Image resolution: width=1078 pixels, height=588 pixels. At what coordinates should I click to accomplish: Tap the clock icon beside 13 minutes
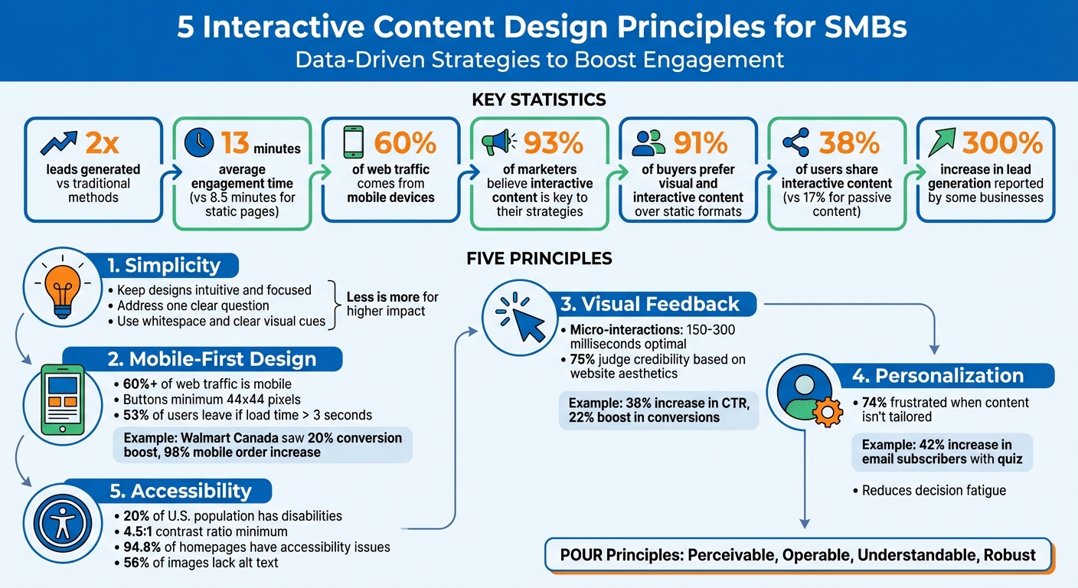[199, 142]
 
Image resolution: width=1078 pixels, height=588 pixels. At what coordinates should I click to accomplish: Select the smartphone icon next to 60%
[352, 142]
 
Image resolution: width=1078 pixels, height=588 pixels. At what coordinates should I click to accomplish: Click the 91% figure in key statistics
[701, 142]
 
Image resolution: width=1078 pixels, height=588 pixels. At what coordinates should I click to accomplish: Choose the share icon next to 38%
[797, 142]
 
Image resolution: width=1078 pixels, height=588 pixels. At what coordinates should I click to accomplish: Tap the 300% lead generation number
[1002, 142]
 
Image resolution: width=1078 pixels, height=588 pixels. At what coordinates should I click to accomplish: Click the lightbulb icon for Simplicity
[63, 291]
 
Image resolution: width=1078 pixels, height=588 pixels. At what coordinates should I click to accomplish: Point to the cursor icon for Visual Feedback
[521, 319]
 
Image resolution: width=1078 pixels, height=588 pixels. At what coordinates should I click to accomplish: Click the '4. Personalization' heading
[938, 376]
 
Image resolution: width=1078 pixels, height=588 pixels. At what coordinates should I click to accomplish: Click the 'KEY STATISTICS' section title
[539, 100]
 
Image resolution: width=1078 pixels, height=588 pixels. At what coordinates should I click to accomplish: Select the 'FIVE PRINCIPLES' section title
[539, 259]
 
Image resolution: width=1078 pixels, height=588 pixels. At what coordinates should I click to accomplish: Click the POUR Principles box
[800, 555]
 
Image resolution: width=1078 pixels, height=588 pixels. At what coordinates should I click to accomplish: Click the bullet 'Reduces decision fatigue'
[933, 490]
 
